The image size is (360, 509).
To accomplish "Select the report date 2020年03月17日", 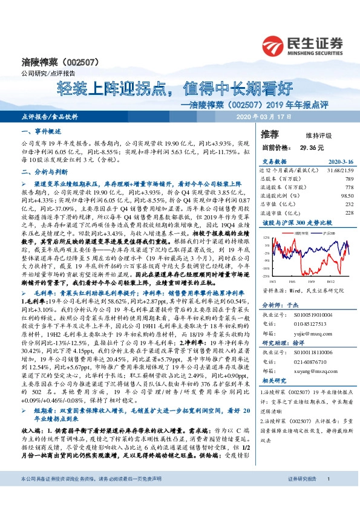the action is pyautogui.click(x=265, y=115).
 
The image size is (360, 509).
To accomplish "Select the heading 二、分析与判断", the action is pyautogui.click(x=41, y=172).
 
